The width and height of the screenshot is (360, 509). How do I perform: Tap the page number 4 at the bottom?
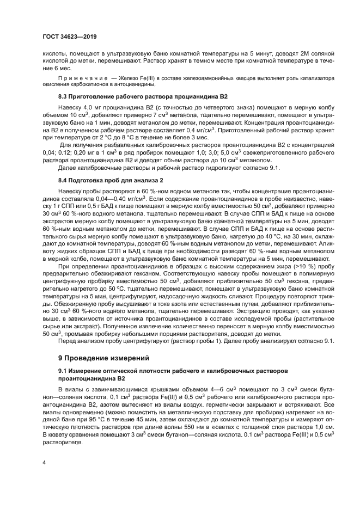click(43, 463)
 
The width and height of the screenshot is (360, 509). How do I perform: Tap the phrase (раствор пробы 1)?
click(175, 341)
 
